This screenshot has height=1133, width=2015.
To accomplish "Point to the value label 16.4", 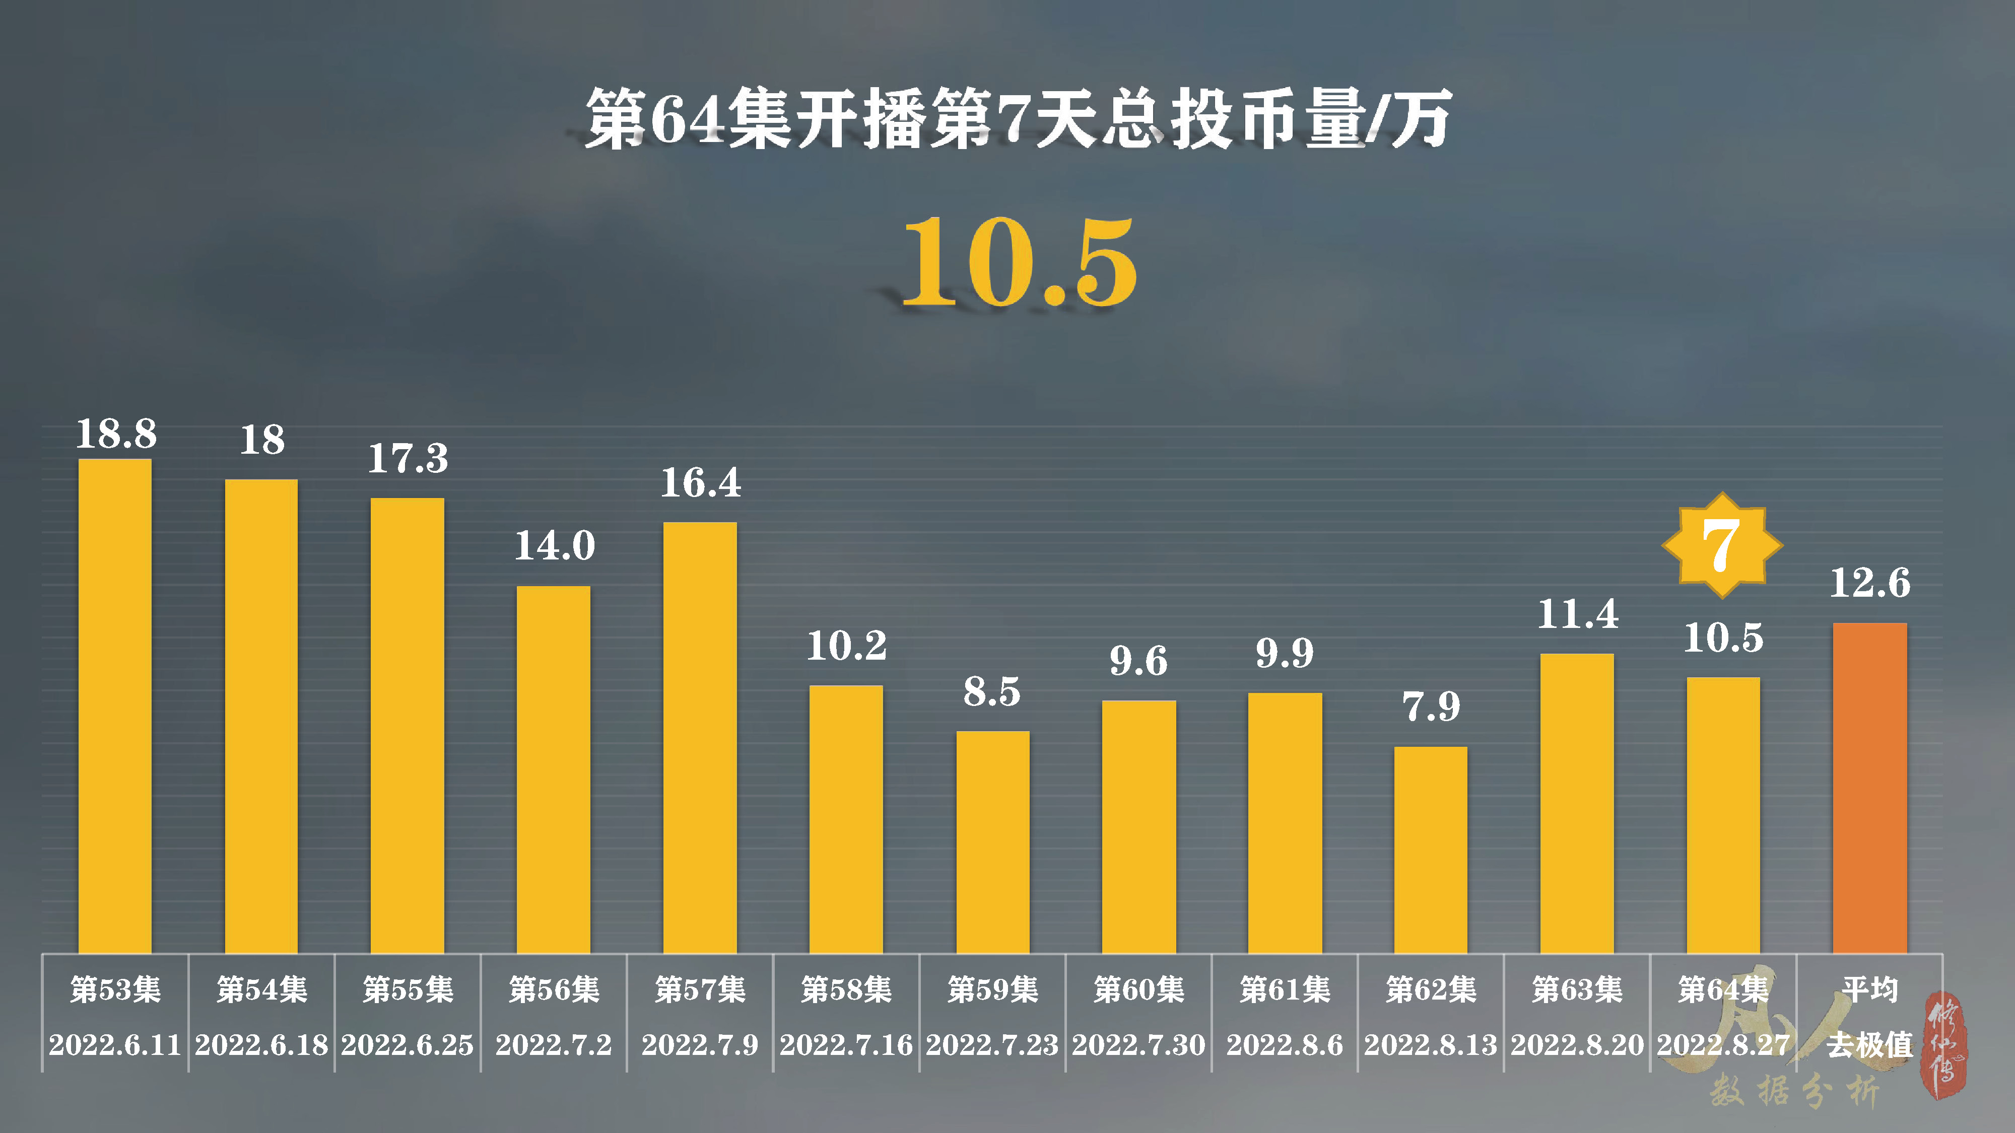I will (x=701, y=482).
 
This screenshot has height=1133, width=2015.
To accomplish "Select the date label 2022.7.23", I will (x=992, y=1045).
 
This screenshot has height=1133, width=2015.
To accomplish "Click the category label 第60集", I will (x=1139, y=990).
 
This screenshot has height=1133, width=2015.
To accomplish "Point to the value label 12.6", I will (x=1869, y=583).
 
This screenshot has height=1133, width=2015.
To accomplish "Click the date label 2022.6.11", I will (x=115, y=1045).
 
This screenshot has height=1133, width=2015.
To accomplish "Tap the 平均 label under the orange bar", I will (x=1869, y=990).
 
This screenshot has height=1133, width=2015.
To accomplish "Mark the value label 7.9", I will (x=1431, y=707).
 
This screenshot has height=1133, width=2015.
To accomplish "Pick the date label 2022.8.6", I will (x=1285, y=1045).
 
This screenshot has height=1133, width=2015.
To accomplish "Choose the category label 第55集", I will (x=408, y=990).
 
